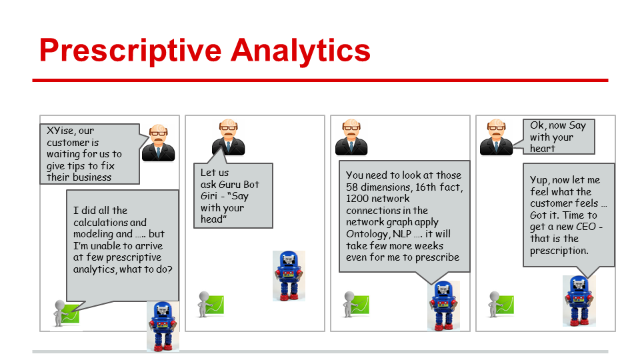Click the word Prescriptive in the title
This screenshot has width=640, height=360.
(130, 51)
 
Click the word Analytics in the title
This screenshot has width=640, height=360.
(301, 51)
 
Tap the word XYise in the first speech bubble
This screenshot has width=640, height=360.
(61, 131)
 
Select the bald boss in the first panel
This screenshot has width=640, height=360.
(159, 143)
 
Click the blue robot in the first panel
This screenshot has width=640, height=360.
(163, 326)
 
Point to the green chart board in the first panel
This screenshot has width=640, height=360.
(70, 314)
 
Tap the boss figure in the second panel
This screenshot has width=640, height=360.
(228, 137)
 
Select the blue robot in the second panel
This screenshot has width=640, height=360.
(289, 275)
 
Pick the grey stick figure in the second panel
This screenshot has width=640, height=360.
(203, 304)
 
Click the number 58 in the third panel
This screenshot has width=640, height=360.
(351, 187)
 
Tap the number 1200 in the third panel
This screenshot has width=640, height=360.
(357, 199)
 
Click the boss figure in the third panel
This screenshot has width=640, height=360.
(351, 137)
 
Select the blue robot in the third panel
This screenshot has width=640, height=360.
(444, 305)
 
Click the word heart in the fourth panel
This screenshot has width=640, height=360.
(543, 149)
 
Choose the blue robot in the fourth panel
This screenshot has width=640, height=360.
(579, 301)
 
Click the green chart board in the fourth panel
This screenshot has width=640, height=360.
(505, 305)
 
